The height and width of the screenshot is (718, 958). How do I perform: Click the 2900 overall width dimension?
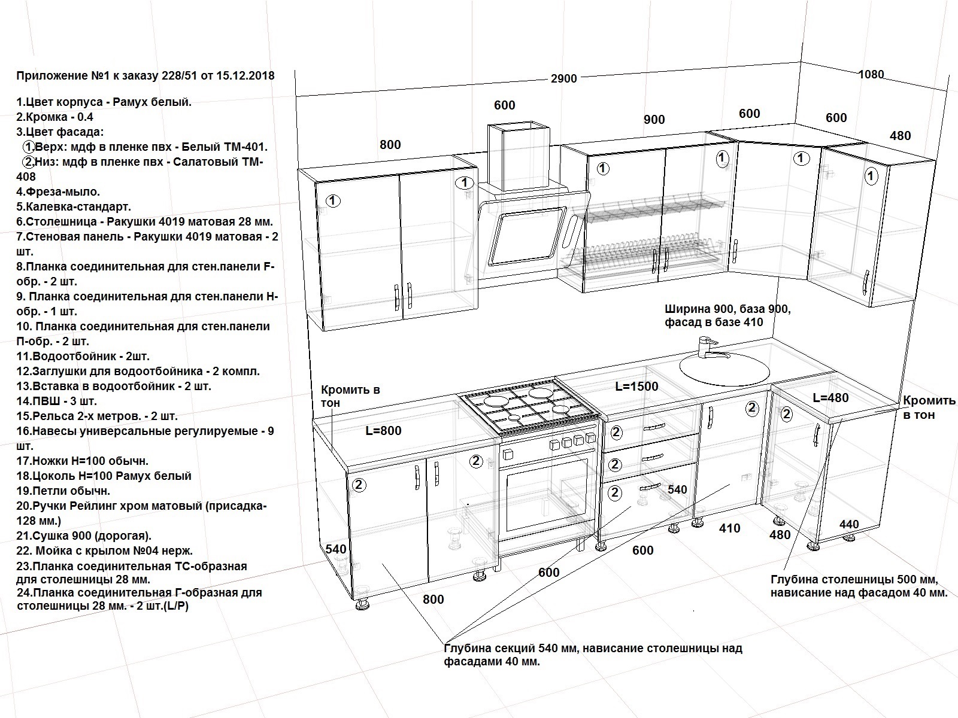[563, 79]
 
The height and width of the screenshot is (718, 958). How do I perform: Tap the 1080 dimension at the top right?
[871, 75]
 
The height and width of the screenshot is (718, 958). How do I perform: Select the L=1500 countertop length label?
[637, 387]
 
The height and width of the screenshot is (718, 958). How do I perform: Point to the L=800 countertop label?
[383, 431]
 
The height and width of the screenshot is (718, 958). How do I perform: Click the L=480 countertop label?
[830, 397]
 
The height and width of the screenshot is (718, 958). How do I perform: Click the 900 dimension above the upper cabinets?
[654, 120]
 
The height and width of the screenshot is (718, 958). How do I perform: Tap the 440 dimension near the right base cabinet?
[849, 525]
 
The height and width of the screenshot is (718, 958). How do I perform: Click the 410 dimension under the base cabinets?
[730, 528]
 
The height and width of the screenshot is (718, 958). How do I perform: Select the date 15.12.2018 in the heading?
[245, 76]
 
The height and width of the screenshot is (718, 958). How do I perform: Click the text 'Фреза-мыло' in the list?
[63, 192]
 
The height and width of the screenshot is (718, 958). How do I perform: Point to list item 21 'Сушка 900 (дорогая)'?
[84, 536]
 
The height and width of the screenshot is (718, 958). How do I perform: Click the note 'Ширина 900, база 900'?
[727, 309]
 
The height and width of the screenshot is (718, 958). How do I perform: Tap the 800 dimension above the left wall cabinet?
[390, 145]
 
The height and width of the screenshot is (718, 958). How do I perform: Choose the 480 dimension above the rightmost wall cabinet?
[900, 136]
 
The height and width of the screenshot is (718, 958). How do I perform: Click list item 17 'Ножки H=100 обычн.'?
[83, 461]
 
